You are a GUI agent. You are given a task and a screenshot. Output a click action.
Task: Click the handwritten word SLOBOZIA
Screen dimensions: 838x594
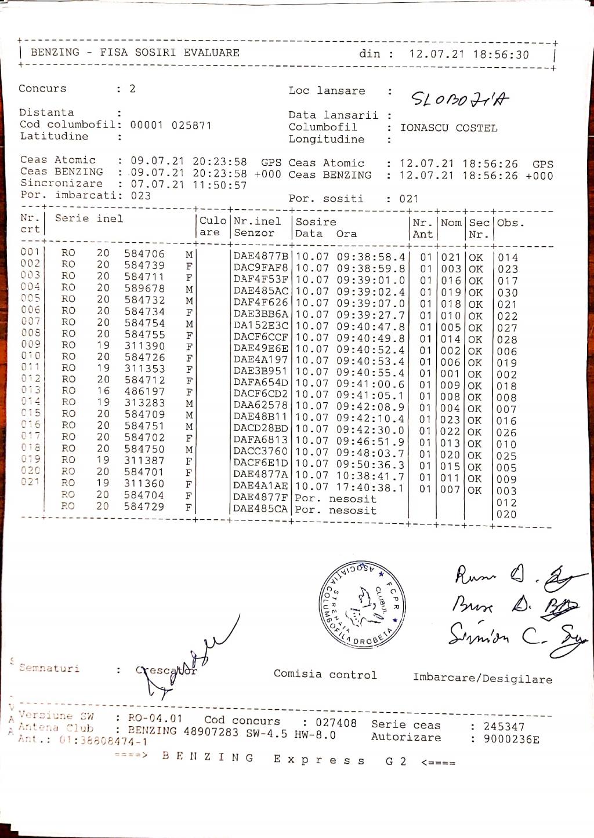pyautogui.click(x=459, y=99)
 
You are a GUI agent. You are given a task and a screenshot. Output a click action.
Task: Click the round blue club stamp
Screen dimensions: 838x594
pyautogui.click(x=362, y=603)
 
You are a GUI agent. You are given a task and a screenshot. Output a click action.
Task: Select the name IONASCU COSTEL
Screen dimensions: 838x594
pyautogui.click(x=448, y=128)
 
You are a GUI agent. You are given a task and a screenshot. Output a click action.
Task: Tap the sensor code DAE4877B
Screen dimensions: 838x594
pyautogui.click(x=260, y=256)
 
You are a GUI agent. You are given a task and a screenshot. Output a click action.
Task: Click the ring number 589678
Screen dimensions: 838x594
pyautogui.click(x=144, y=288)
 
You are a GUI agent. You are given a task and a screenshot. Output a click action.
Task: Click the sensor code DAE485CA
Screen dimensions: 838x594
pyautogui.click(x=260, y=509)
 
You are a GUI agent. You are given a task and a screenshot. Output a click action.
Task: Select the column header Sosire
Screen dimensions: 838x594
pyautogui.click(x=316, y=222)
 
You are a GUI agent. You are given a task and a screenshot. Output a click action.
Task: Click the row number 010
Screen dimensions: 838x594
pyautogui.click(x=30, y=356)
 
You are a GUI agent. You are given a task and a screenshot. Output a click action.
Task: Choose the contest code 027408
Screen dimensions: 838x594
pyautogui.click(x=336, y=723)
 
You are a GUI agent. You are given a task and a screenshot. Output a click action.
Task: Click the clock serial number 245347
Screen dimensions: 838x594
pyautogui.click(x=504, y=727)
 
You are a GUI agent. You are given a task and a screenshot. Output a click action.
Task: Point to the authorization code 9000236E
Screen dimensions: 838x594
pyautogui.click(x=511, y=739)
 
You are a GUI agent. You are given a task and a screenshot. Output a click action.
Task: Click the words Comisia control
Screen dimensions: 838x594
pyautogui.click(x=325, y=675)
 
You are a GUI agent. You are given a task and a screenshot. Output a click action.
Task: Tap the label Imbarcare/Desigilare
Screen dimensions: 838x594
pyautogui.click(x=482, y=678)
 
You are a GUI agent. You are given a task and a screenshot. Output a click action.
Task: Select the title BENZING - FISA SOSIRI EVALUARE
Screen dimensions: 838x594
pyautogui.click(x=135, y=53)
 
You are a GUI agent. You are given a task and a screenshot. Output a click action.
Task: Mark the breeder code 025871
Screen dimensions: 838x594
pyautogui.click(x=191, y=125)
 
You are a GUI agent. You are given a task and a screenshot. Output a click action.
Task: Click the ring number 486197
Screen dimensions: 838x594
pyautogui.click(x=144, y=391)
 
